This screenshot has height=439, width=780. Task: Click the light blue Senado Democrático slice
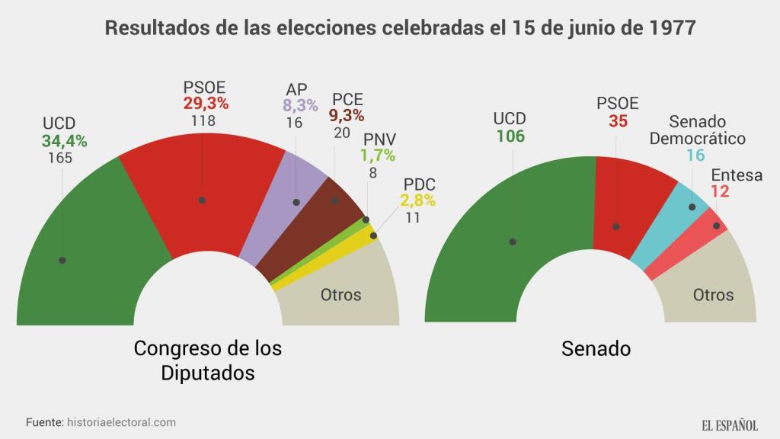[x=670, y=221]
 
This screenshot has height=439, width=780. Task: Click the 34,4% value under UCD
[x=65, y=141]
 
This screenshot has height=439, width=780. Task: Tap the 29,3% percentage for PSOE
[x=206, y=103]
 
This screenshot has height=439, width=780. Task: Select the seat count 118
[x=203, y=120]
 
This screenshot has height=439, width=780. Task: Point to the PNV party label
[x=379, y=139]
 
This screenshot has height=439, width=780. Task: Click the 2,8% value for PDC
[x=418, y=202]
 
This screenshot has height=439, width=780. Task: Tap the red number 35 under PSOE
[x=618, y=120]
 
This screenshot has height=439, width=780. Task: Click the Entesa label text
[x=737, y=175]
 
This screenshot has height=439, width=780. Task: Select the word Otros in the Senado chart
[x=713, y=295]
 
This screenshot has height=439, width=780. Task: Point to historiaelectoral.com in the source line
[x=121, y=422]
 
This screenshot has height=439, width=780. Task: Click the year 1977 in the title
[x=673, y=29]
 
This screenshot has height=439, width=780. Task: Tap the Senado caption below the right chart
[x=596, y=349]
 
